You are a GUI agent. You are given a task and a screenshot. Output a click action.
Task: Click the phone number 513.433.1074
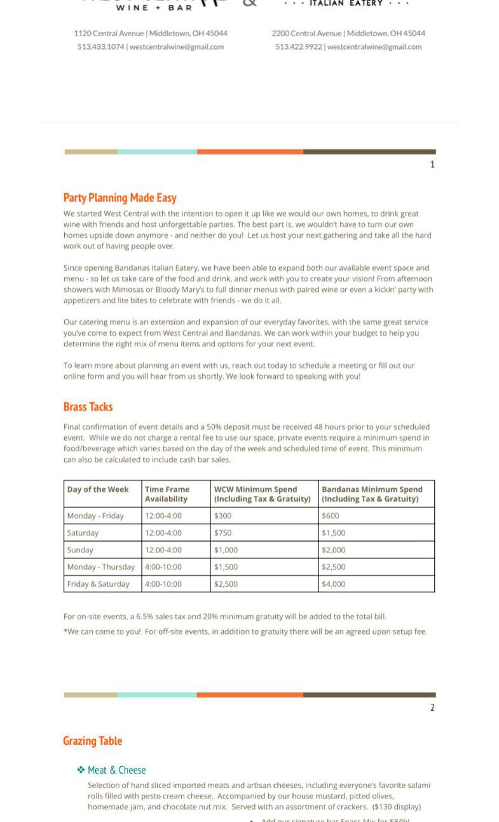(x=101, y=46)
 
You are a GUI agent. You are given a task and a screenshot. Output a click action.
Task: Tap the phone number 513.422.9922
(x=298, y=46)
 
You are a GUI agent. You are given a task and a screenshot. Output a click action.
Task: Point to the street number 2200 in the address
(x=280, y=33)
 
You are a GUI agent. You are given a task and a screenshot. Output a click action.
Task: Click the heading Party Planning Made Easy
(x=120, y=198)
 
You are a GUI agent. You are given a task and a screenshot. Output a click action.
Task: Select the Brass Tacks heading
(x=88, y=407)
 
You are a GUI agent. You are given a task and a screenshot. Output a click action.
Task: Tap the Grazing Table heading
(x=92, y=741)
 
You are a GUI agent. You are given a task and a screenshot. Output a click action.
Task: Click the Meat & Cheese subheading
(x=117, y=770)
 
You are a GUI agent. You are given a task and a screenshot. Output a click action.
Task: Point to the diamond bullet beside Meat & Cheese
(x=81, y=770)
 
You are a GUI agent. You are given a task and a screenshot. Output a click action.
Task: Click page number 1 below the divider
(x=432, y=165)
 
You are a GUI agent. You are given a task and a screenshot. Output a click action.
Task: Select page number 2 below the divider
(x=432, y=708)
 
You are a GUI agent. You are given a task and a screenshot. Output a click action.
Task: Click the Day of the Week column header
(x=98, y=490)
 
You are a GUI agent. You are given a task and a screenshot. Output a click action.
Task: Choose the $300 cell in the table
(x=222, y=516)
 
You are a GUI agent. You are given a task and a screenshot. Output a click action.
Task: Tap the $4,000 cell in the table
(x=334, y=584)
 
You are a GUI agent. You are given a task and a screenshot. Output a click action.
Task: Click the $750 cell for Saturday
(x=222, y=533)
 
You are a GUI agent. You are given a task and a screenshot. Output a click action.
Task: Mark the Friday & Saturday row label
(x=98, y=584)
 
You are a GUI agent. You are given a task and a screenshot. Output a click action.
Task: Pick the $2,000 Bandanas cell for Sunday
(x=334, y=550)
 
